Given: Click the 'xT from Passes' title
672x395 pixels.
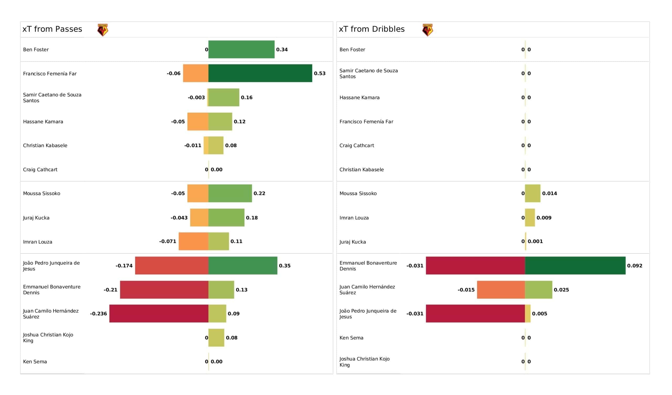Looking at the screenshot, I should [x=52, y=29].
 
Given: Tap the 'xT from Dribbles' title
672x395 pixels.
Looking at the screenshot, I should [x=372, y=29].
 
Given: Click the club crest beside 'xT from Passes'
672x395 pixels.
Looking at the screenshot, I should [x=103, y=30].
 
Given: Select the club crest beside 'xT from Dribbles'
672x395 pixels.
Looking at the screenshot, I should [x=427, y=30].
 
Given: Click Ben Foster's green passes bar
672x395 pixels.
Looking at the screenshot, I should [x=241, y=49].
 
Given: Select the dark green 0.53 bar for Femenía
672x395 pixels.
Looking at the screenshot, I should [x=260, y=73].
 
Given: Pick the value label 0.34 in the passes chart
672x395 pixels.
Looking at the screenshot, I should [x=282, y=50].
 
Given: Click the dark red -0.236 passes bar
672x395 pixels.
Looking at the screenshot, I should [x=159, y=314].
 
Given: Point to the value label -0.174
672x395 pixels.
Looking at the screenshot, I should [x=124, y=266].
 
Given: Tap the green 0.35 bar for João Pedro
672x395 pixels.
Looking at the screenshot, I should [x=243, y=266].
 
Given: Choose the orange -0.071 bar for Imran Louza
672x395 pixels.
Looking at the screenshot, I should [x=194, y=241].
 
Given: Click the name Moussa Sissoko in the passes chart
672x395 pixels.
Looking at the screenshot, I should [x=41, y=194].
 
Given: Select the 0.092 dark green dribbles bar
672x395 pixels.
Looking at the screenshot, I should [x=575, y=266].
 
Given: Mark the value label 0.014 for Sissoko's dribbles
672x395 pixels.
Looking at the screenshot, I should [x=550, y=194].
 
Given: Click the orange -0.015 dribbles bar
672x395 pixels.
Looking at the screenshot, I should [x=501, y=290].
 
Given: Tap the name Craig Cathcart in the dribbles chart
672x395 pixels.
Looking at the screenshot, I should [x=357, y=145].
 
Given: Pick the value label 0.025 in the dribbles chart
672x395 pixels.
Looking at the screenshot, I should [x=561, y=290].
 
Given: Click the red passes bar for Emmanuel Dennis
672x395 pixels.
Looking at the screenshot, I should [x=164, y=290].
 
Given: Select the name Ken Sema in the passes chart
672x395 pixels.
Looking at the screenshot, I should [x=35, y=362].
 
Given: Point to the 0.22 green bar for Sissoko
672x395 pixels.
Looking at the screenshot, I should [x=230, y=193].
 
